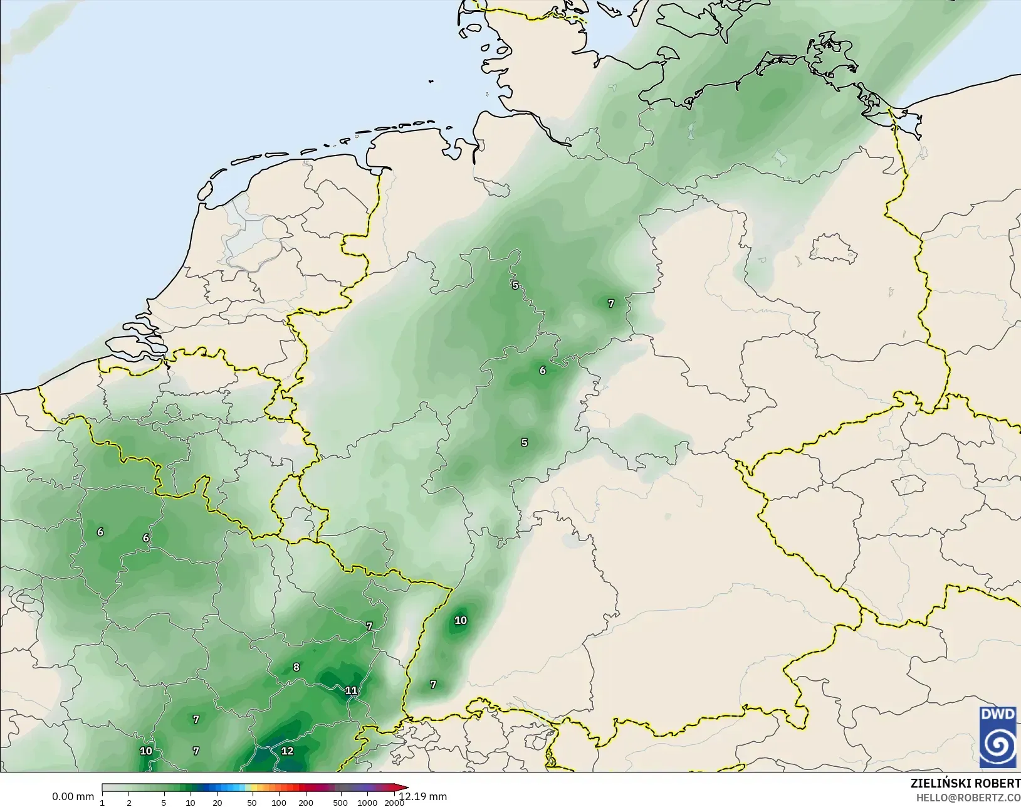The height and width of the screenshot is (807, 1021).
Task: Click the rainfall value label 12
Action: click(287, 751)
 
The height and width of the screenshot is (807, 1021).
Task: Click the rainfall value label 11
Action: click(351, 690)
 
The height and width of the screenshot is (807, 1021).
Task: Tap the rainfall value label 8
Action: click(296, 667)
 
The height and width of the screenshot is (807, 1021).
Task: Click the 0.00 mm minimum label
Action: click(73, 797)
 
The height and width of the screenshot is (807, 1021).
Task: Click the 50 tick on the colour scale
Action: click(251, 803)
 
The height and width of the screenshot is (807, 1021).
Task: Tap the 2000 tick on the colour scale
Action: click(394, 803)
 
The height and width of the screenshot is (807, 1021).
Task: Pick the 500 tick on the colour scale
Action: click(340, 803)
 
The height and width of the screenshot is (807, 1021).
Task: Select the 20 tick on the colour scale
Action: click(217, 803)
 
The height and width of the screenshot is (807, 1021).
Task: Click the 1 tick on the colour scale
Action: click(102, 803)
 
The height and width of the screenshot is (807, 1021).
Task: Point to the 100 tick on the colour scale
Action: click(278, 803)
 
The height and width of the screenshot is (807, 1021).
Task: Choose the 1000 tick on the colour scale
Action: click(367, 803)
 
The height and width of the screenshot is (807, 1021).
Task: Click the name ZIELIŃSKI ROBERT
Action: click(965, 784)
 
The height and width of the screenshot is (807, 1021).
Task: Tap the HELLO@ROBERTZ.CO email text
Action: click(968, 798)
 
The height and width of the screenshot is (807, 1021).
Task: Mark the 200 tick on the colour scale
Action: click(306, 803)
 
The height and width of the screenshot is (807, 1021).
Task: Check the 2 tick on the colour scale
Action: click(129, 803)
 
